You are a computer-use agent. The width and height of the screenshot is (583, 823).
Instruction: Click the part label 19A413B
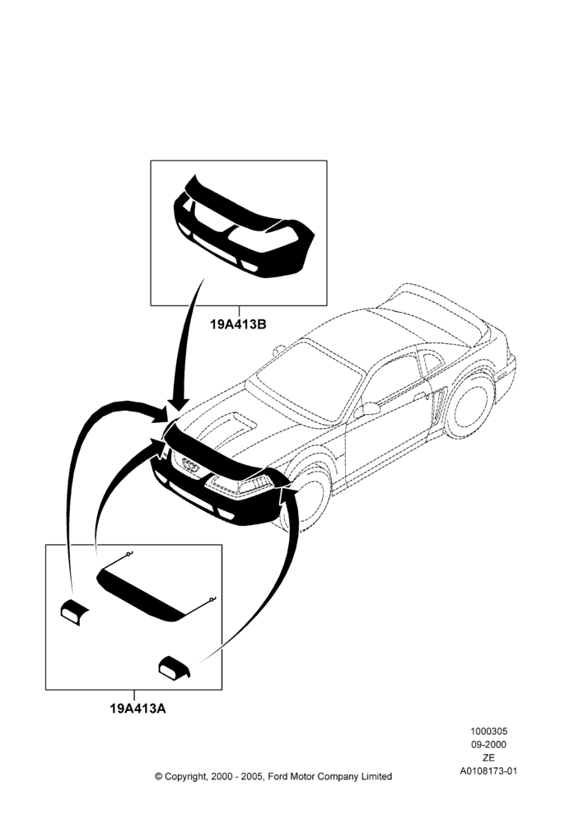(x=239, y=324)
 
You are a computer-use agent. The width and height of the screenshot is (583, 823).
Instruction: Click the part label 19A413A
(x=138, y=709)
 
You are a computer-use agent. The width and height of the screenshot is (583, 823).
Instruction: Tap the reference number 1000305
(x=488, y=731)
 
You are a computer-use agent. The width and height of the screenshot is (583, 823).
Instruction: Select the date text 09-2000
(x=488, y=744)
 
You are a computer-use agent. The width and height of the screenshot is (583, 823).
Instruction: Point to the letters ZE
(x=488, y=758)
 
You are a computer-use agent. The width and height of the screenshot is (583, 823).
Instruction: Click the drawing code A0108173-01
(x=488, y=771)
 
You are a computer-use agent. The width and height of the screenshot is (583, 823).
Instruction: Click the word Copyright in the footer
(x=185, y=777)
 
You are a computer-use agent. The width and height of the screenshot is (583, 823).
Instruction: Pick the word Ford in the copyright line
(x=278, y=776)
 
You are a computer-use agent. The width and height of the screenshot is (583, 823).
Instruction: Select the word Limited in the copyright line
(x=376, y=776)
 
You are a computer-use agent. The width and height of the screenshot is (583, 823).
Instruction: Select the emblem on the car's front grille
(x=190, y=465)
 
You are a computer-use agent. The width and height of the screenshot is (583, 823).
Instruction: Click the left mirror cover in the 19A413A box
(x=73, y=611)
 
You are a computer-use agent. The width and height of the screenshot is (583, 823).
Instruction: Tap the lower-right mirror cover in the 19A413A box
(x=175, y=667)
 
